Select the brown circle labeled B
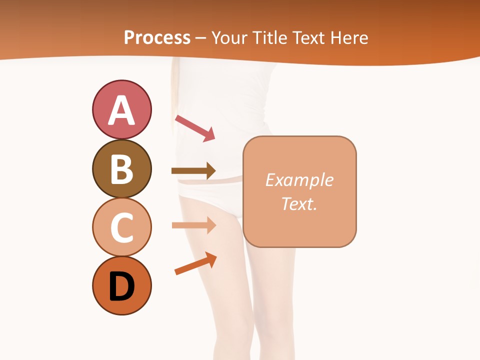pos(121,168)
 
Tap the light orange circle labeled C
pos(121,226)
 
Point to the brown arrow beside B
pos(193,171)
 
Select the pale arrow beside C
pos(193,225)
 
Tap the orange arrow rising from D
pos(195,263)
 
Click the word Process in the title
pos(157,38)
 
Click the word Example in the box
pos(299,180)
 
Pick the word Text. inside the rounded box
pos(299,204)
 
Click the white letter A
pos(121,110)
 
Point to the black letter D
pos(121,287)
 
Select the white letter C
pos(121,227)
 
